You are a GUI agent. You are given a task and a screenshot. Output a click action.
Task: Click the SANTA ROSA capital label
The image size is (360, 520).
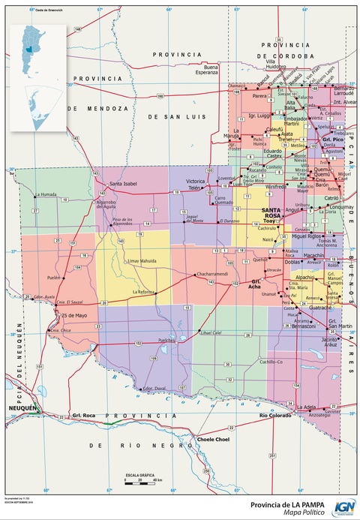pyautogui.click(x=274, y=212)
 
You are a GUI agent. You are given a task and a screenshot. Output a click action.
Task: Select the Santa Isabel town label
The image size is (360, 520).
pyautogui.click(x=124, y=184)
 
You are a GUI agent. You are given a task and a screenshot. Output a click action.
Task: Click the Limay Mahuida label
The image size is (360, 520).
pyautogui.click(x=144, y=260)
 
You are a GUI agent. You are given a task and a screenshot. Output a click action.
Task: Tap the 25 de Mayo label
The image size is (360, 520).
pyautogui.click(x=75, y=315)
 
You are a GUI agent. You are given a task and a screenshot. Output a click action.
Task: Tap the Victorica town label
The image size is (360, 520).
pyautogui.click(x=196, y=182)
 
